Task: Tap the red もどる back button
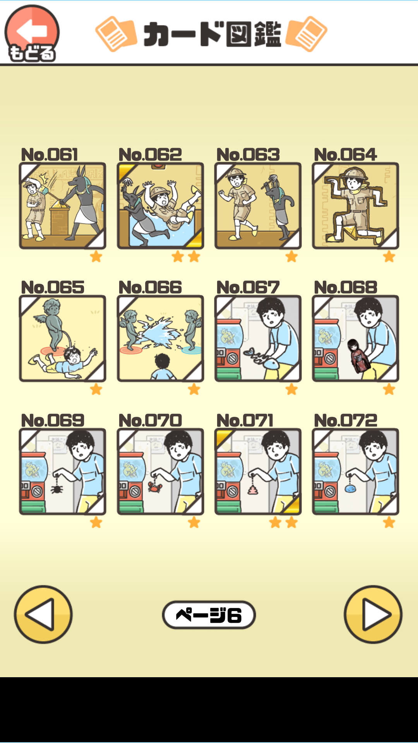coord(32,33)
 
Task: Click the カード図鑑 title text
coord(212,34)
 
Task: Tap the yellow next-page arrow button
coord(373,614)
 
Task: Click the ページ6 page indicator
coord(209,615)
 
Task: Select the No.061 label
coord(50,154)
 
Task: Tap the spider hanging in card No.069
coord(57,489)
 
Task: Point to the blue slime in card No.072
coord(350,488)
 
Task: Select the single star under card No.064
coord(389,256)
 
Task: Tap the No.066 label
coord(150,288)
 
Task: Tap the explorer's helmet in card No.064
coord(355,173)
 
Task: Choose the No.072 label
coord(346,421)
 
